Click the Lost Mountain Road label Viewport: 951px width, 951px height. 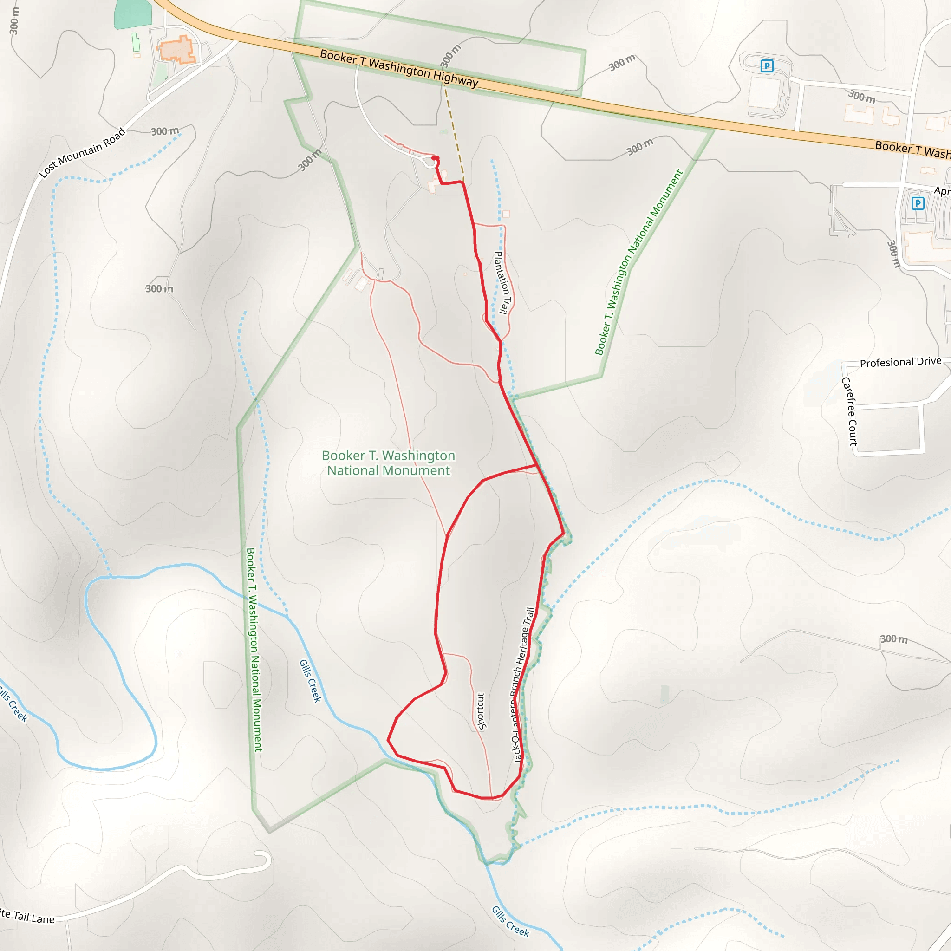tap(83, 153)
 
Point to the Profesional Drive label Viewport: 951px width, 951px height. tap(900, 362)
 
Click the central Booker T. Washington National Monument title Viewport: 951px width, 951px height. tap(388, 462)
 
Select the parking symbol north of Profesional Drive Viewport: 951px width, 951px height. tap(918, 203)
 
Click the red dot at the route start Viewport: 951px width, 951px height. tap(435, 158)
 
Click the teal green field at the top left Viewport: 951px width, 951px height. tap(133, 14)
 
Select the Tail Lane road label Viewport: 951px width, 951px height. tap(27, 917)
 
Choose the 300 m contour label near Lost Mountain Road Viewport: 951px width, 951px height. tap(164, 131)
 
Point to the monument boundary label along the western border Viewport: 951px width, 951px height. tap(254, 649)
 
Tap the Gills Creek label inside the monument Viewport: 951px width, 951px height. tap(310, 681)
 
